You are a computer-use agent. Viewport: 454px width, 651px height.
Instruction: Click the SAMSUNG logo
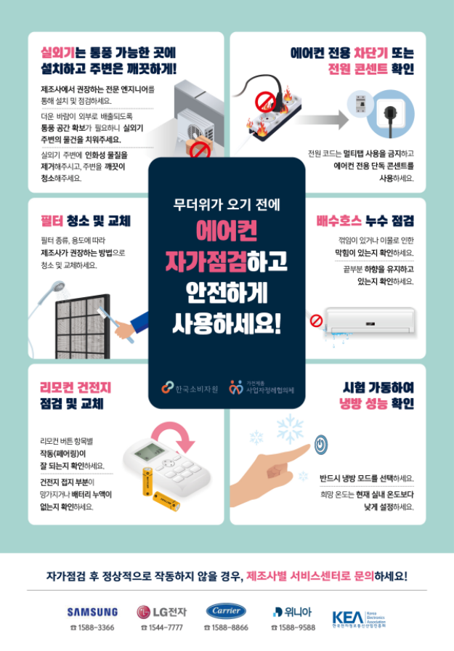[92, 611]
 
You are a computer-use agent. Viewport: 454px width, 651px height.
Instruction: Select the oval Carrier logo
[227, 610]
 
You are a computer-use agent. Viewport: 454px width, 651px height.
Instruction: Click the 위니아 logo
[293, 611]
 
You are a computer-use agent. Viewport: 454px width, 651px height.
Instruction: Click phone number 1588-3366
[92, 628]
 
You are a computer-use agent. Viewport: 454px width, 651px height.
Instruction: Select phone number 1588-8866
[227, 628]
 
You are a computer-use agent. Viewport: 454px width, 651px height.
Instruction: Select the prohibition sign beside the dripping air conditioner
[315, 320]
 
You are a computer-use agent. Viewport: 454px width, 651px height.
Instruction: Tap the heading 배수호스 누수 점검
[365, 221]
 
